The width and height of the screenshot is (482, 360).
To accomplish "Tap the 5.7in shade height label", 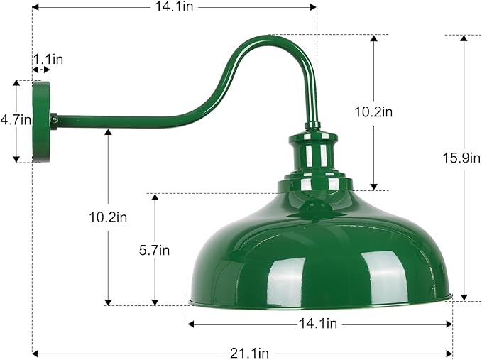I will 155,249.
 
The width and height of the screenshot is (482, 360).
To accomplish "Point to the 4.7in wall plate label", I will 15,120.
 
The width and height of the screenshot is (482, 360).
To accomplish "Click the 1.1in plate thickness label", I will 48,59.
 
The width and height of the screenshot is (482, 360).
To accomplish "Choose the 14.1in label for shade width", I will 319,324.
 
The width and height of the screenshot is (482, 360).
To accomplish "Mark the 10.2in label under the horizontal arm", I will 109,217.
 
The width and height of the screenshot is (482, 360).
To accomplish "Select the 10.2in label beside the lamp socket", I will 373,111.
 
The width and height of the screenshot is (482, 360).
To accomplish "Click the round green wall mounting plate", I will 41,121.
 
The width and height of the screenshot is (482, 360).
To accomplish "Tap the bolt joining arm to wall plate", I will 53,121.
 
